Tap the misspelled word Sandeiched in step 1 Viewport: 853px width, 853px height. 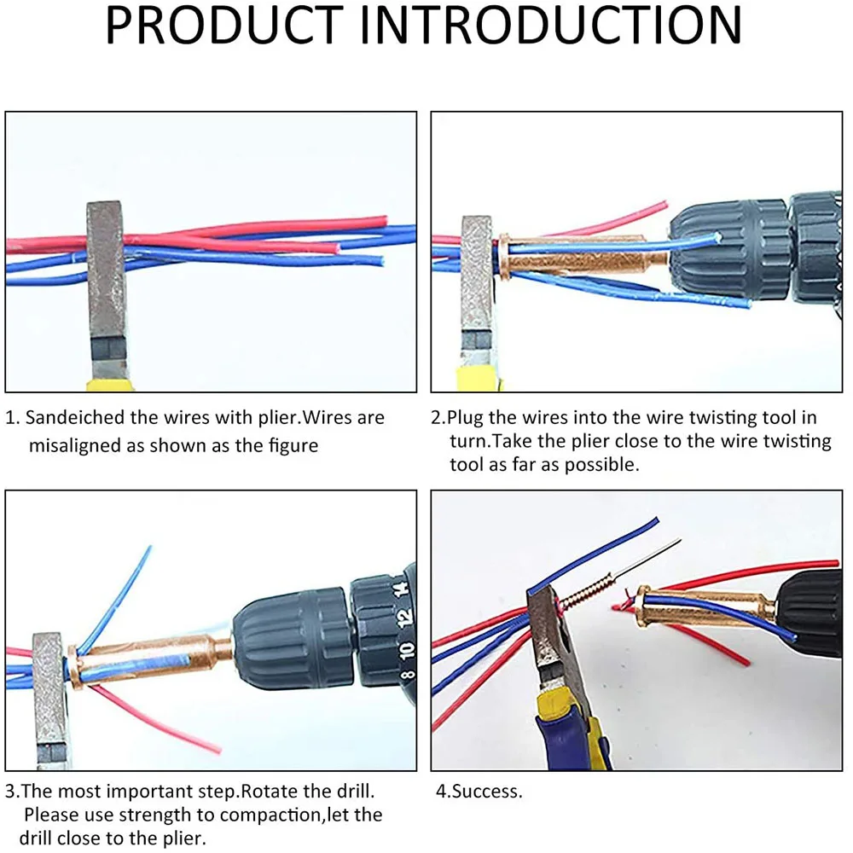tap(82, 418)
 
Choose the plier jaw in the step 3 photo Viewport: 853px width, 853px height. tap(49, 682)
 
